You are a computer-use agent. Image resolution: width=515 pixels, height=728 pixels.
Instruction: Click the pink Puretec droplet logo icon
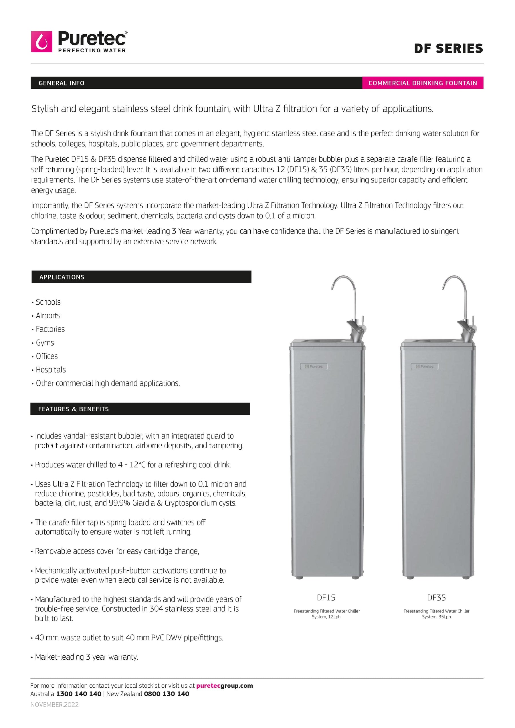41,41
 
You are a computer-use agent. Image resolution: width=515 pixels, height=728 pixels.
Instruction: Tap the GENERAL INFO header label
62,83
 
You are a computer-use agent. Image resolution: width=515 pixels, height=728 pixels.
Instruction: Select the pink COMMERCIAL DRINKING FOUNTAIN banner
422,83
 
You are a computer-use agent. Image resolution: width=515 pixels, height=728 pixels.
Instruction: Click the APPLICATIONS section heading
62,277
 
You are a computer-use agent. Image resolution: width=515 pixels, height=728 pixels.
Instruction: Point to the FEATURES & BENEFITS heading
73,409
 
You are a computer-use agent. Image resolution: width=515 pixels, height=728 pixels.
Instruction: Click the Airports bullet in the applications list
48,316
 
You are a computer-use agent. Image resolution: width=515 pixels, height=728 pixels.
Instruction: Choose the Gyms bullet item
45,343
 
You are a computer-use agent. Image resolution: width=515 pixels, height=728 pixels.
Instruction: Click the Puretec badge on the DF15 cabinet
314,366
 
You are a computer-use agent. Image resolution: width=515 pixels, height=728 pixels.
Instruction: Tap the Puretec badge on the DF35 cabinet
425,366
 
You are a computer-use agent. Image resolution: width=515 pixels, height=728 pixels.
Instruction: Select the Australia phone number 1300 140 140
79,694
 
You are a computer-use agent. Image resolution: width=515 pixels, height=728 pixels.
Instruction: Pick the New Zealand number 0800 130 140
167,694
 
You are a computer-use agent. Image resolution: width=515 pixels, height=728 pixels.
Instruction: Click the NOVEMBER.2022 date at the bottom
55,705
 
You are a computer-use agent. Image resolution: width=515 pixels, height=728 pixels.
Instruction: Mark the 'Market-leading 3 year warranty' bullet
86,657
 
